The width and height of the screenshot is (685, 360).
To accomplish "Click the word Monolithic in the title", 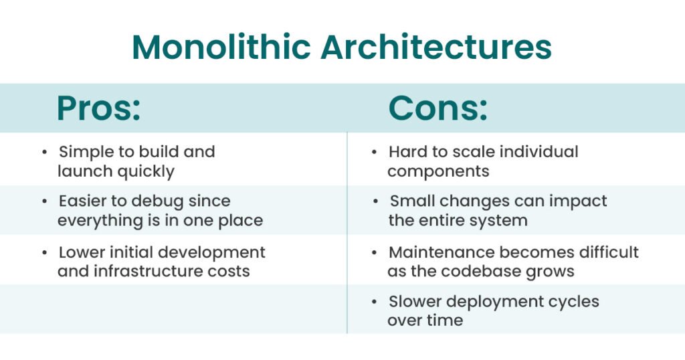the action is (221, 46).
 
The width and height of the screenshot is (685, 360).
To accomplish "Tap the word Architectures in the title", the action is (436, 46).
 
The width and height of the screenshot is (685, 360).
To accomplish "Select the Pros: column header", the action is (99, 108).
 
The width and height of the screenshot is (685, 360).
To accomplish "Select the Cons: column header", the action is (437, 108).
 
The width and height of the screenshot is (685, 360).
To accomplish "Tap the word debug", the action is (158, 201).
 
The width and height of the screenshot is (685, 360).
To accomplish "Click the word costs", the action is (229, 271).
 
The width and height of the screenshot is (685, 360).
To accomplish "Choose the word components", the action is (438, 172).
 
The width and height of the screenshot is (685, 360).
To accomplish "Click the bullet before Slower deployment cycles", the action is (375, 302).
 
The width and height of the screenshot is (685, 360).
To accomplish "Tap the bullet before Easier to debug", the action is (45, 201).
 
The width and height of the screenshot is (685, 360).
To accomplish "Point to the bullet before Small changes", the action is (376, 201).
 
